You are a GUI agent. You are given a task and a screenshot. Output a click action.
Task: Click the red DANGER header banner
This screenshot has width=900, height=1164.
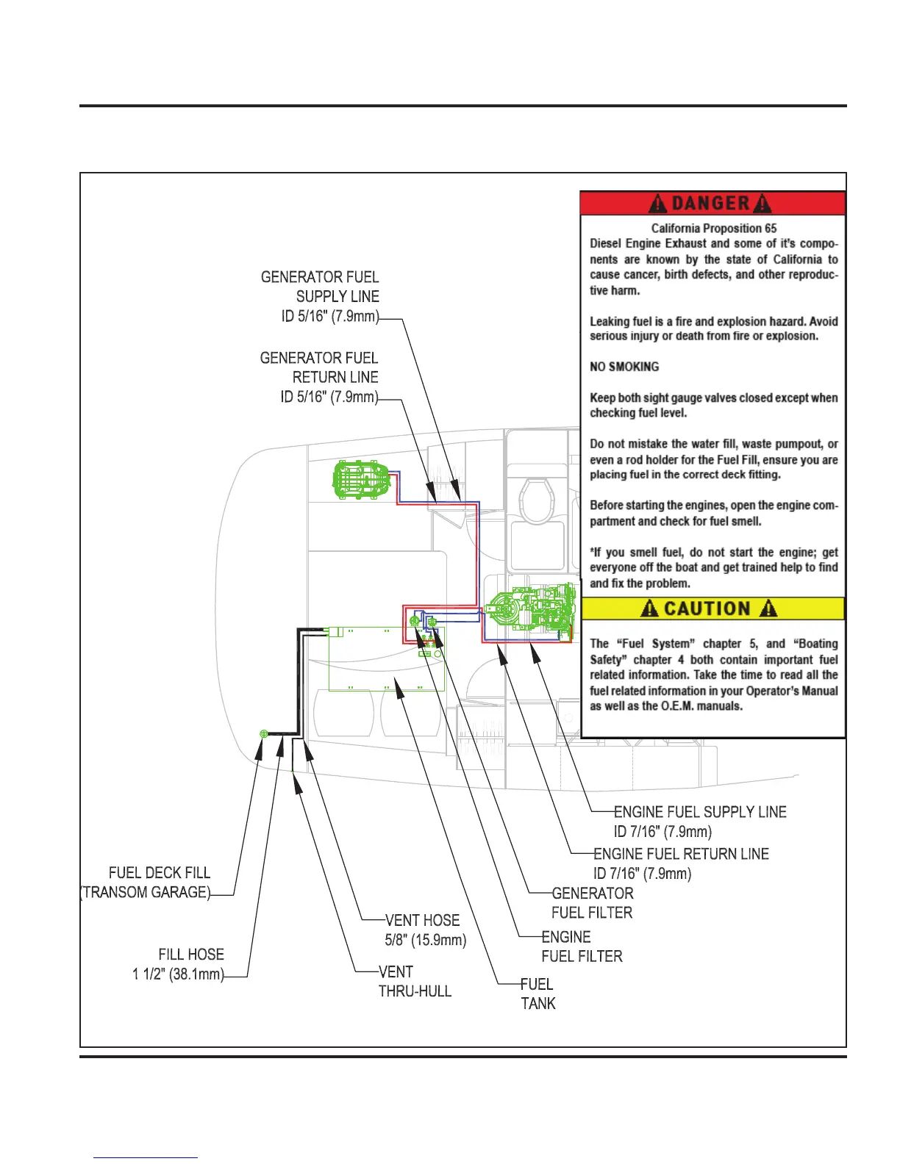pyautogui.click(x=712, y=203)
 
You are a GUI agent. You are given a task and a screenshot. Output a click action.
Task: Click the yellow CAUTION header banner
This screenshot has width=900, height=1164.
pyautogui.click(x=712, y=608)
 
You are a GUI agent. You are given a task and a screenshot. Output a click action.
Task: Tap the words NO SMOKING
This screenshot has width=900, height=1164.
pyautogui.click(x=624, y=367)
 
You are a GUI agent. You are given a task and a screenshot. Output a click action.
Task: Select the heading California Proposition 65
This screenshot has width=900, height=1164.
pyautogui.click(x=713, y=228)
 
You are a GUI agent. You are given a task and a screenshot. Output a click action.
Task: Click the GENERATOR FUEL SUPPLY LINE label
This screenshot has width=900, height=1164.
pyautogui.click(x=321, y=297)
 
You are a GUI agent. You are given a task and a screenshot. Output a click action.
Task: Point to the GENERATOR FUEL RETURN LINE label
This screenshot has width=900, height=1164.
pyautogui.click(x=320, y=377)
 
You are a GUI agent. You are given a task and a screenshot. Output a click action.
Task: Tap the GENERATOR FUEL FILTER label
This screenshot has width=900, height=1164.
pyautogui.click(x=592, y=902)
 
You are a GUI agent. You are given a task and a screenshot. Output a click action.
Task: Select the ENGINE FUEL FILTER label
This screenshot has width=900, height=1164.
pyautogui.click(x=582, y=946)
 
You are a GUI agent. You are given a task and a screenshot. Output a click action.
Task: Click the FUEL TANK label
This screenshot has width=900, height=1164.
pyautogui.click(x=537, y=994)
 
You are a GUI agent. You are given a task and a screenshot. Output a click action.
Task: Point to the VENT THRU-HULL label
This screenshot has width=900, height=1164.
pyautogui.click(x=415, y=981)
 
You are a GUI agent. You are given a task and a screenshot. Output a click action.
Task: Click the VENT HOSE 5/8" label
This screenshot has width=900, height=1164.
pyautogui.click(x=425, y=930)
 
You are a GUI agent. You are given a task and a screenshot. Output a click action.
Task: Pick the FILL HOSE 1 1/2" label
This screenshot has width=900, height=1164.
pyautogui.click(x=179, y=964)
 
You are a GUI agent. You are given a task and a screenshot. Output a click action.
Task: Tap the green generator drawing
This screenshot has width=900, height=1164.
pyautogui.click(x=360, y=480)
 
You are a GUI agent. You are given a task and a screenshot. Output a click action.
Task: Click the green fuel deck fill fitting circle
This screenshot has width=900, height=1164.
pyautogui.click(x=264, y=734)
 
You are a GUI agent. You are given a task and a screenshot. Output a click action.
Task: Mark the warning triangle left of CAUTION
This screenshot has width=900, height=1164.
pyautogui.click(x=649, y=608)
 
